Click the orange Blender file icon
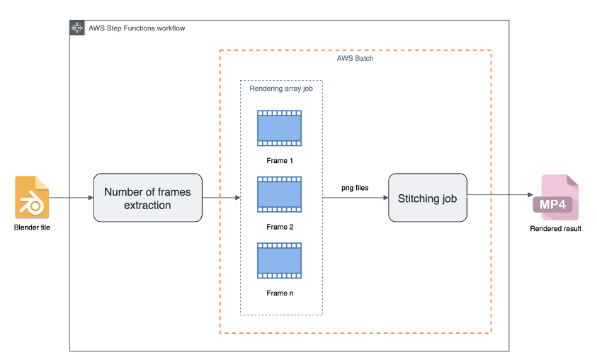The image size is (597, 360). click(x=33, y=197)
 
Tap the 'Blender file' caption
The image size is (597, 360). click(x=33, y=228)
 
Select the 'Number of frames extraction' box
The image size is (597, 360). click(x=147, y=198)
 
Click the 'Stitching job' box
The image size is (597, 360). click(x=427, y=198)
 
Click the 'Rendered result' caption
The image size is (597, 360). click(x=556, y=228)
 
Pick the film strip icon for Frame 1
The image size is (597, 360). click(x=279, y=128)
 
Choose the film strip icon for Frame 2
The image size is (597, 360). click(x=279, y=195)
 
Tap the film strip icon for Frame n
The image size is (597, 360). click(x=279, y=260)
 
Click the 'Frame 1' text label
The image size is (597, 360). click(x=279, y=161)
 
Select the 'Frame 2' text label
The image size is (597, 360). click(x=279, y=227)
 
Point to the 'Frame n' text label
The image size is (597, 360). click(x=279, y=293)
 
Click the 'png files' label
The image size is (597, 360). click(x=355, y=188)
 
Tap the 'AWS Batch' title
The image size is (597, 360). click(x=355, y=59)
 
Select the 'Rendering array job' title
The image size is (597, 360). click(x=280, y=89)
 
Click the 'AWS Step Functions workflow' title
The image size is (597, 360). click(x=137, y=29)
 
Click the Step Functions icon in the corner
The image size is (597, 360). click(x=77, y=28)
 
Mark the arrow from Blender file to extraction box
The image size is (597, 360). click(x=72, y=198)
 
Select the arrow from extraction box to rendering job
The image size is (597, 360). click(x=221, y=198)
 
